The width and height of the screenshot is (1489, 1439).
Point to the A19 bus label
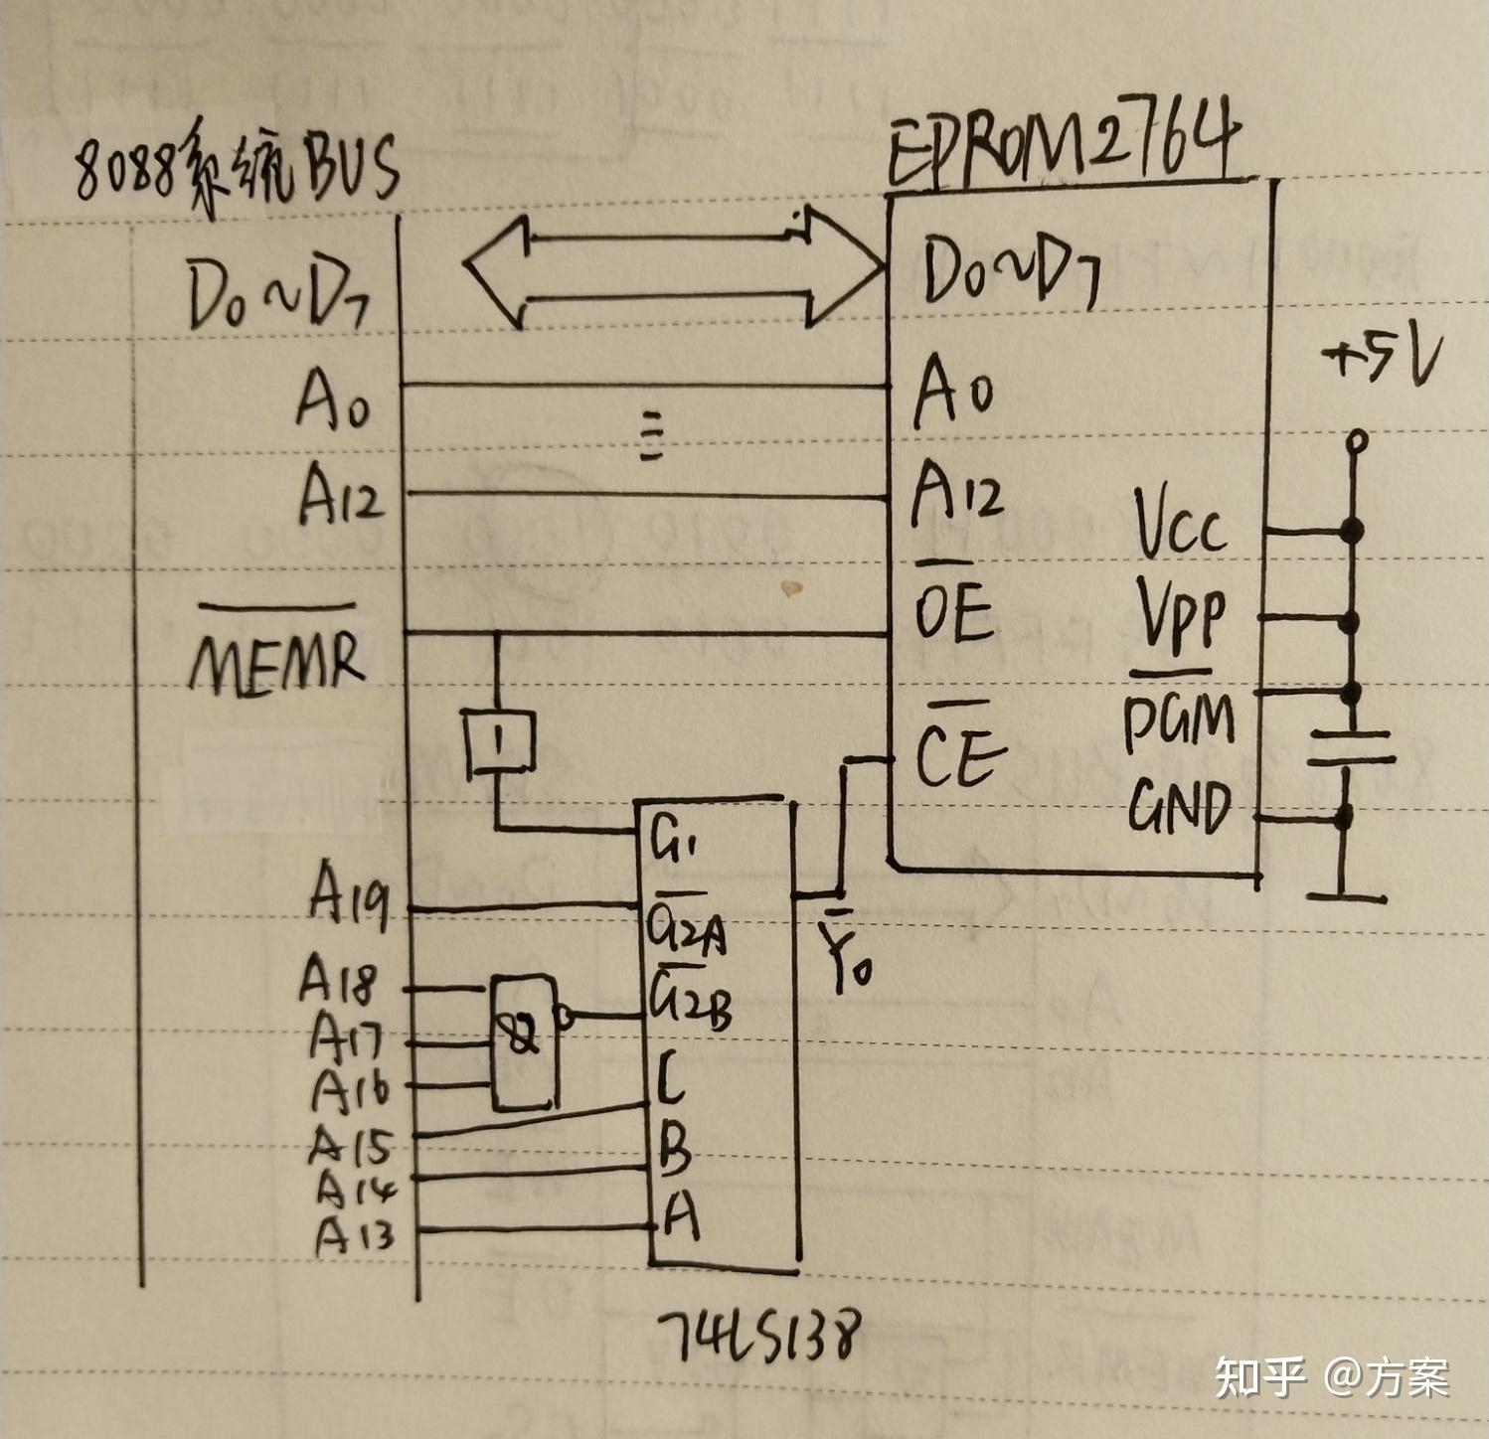348,893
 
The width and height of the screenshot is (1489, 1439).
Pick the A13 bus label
354,1234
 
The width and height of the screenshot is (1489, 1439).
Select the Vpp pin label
1180,613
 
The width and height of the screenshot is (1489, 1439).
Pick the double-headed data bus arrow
673,267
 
